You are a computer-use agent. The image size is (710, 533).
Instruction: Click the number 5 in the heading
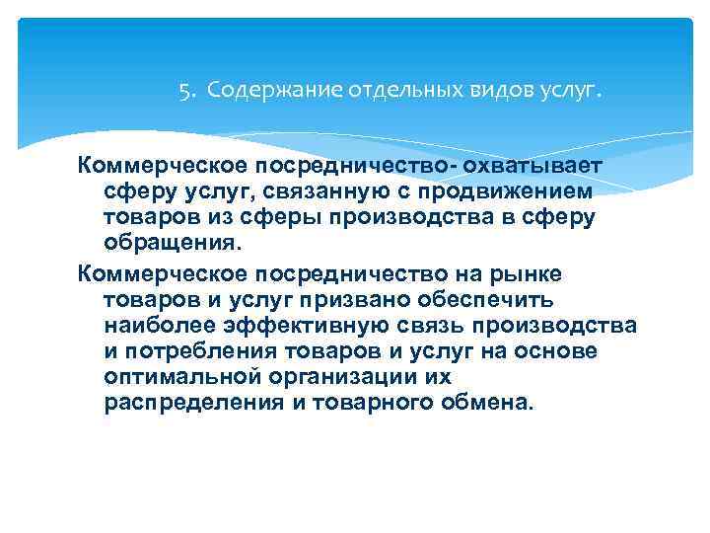183,92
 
